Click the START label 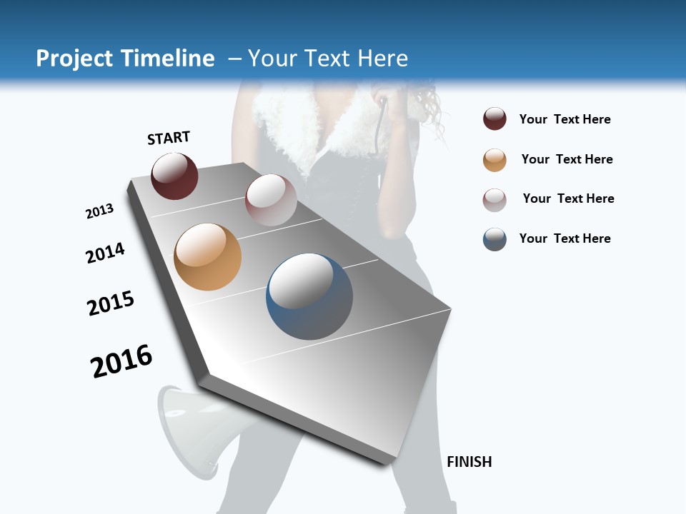click(169, 138)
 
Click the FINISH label click(469, 462)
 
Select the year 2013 click(99, 211)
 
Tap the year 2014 click(105, 253)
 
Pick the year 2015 click(111, 303)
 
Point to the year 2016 click(121, 361)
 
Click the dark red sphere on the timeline click(174, 176)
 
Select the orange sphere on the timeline click(207, 257)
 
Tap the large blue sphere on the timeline click(309, 296)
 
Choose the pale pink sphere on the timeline click(271, 200)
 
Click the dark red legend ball click(494, 119)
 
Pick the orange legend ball click(494, 160)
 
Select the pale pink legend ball click(494, 200)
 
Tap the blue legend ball click(494, 239)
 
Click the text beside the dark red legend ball click(565, 119)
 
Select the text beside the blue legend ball click(565, 238)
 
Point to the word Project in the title click(75, 59)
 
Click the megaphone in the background click(192, 428)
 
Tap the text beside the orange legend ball click(567, 159)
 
